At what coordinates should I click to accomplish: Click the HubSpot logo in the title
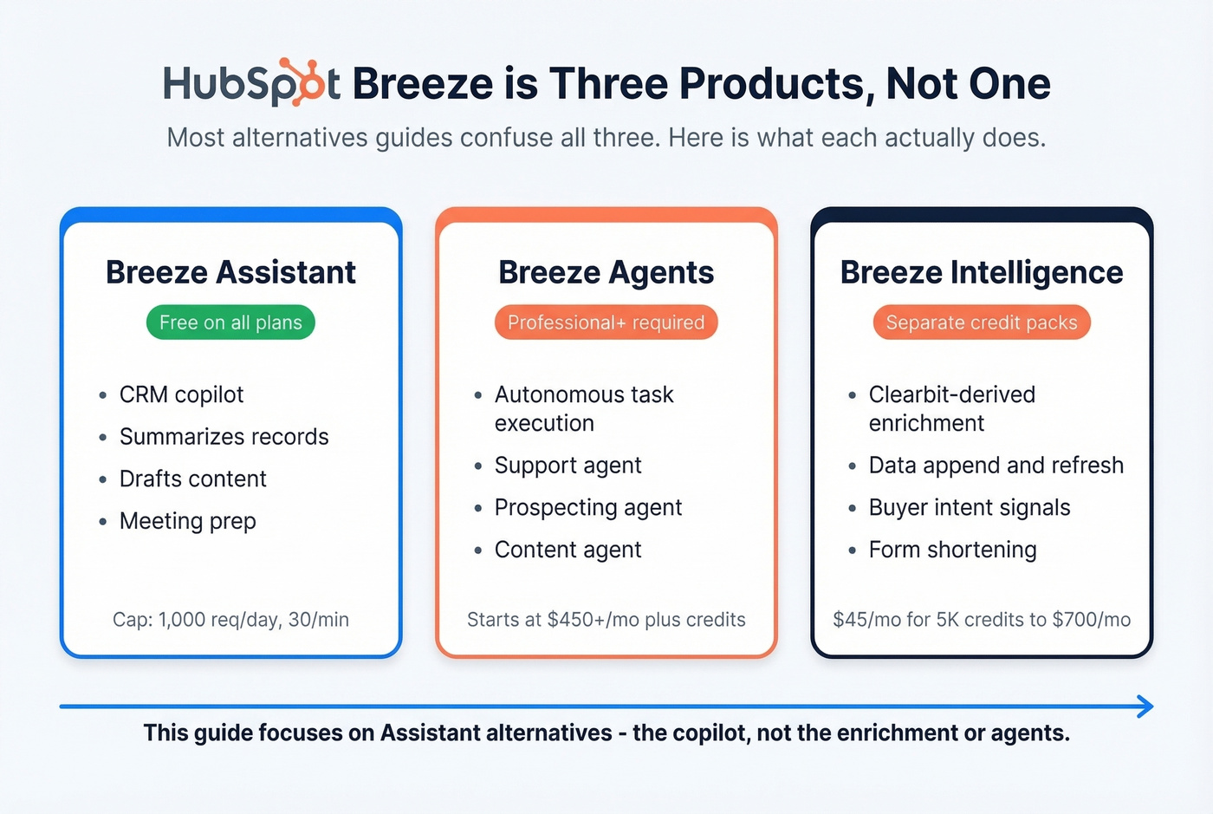(251, 83)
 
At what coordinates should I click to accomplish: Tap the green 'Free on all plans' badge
(230, 322)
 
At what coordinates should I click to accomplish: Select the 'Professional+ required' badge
(606, 322)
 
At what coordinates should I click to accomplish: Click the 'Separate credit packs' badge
(981, 322)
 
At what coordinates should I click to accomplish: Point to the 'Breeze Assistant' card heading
(230, 272)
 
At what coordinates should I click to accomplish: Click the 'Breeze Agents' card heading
(606, 272)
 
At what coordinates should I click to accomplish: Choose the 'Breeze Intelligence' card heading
(981, 272)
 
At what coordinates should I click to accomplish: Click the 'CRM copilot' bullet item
(181, 394)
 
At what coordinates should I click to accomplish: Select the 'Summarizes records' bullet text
(224, 437)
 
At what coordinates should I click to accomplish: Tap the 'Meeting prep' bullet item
(187, 521)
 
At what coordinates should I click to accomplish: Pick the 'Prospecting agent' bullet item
(587, 507)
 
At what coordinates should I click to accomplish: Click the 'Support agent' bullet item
(568, 466)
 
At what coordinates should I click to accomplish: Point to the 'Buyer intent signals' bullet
(969, 507)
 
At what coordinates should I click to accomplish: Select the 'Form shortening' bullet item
(952, 550)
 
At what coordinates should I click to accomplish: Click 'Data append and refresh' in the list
(996, 466)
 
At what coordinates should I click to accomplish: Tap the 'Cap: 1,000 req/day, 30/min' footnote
(230, 620)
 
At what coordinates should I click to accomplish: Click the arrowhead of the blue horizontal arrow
(1145, 707)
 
